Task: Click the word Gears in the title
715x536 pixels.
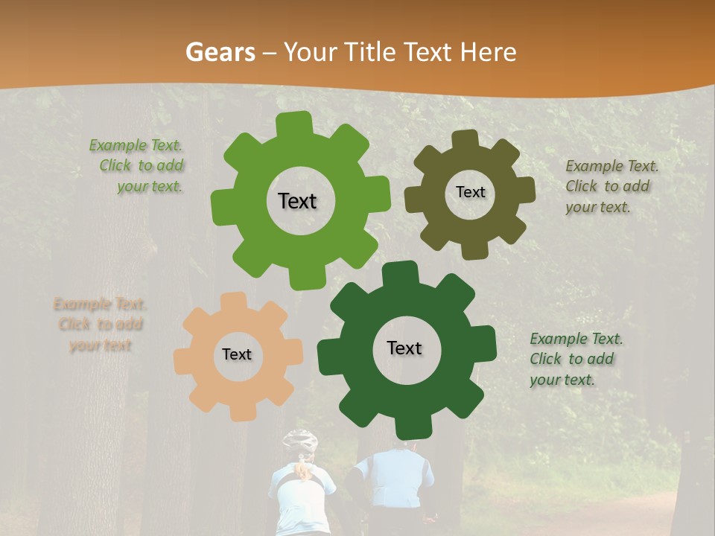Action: coord(220,52)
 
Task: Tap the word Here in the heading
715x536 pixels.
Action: coord(489,52)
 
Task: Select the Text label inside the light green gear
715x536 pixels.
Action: coord(297,201)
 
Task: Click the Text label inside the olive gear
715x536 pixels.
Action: coord(470,192)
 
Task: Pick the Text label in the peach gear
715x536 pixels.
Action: coord(237,354)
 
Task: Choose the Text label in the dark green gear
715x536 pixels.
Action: coord(404,348)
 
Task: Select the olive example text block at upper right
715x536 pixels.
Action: coord(611,187)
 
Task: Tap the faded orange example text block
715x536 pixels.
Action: coord(100,325)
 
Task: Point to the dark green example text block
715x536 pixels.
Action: coord(575,359)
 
